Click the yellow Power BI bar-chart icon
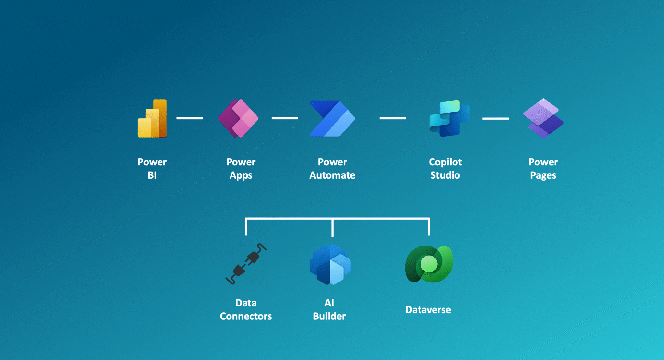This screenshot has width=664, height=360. pos(152,119)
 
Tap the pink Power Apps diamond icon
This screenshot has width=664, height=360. pos(238,118)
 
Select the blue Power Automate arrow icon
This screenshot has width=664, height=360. pos(332,118)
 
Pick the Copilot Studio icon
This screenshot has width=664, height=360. pos(449,118)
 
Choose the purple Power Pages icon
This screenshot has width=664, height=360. pos(543,118)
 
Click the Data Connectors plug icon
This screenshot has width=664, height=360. pos(246,264)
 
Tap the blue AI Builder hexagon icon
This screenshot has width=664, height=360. pos(330,264)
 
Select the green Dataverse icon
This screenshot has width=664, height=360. pos(429,264)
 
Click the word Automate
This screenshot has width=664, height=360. pos(332,175)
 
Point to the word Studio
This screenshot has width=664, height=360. pos(445,175)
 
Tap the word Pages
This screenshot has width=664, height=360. pos(543,175)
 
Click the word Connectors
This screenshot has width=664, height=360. pos(246,316)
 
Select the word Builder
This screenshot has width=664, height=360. pos(329,316)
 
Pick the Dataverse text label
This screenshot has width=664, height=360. pos(428,310)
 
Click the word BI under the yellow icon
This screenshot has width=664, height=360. pos(152,175)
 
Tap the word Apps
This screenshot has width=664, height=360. pos(241,175)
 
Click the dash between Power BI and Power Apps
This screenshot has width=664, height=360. pos(190,118)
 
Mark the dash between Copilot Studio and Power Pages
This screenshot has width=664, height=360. pos(495,119)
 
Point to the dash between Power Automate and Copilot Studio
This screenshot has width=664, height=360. pos(393,118)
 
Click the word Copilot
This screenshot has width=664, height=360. pos(445,162)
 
